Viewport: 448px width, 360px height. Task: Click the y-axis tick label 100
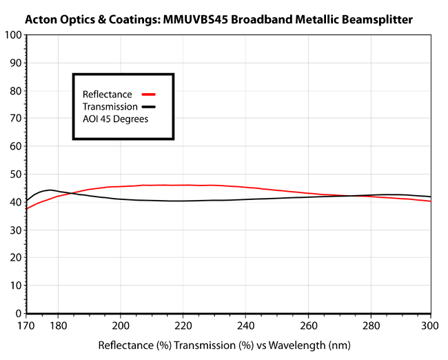pos(12,34)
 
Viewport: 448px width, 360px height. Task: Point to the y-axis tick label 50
pos(14,174)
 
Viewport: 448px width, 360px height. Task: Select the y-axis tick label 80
pos(14,90)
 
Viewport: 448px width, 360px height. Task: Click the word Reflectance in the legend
pos(107,94)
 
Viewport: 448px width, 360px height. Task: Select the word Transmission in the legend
pos(110,107)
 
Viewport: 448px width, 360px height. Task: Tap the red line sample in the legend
pos(150,94)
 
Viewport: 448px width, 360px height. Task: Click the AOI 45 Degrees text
pos(115,119)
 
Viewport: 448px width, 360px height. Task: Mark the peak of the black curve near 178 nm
pos(50,190)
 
